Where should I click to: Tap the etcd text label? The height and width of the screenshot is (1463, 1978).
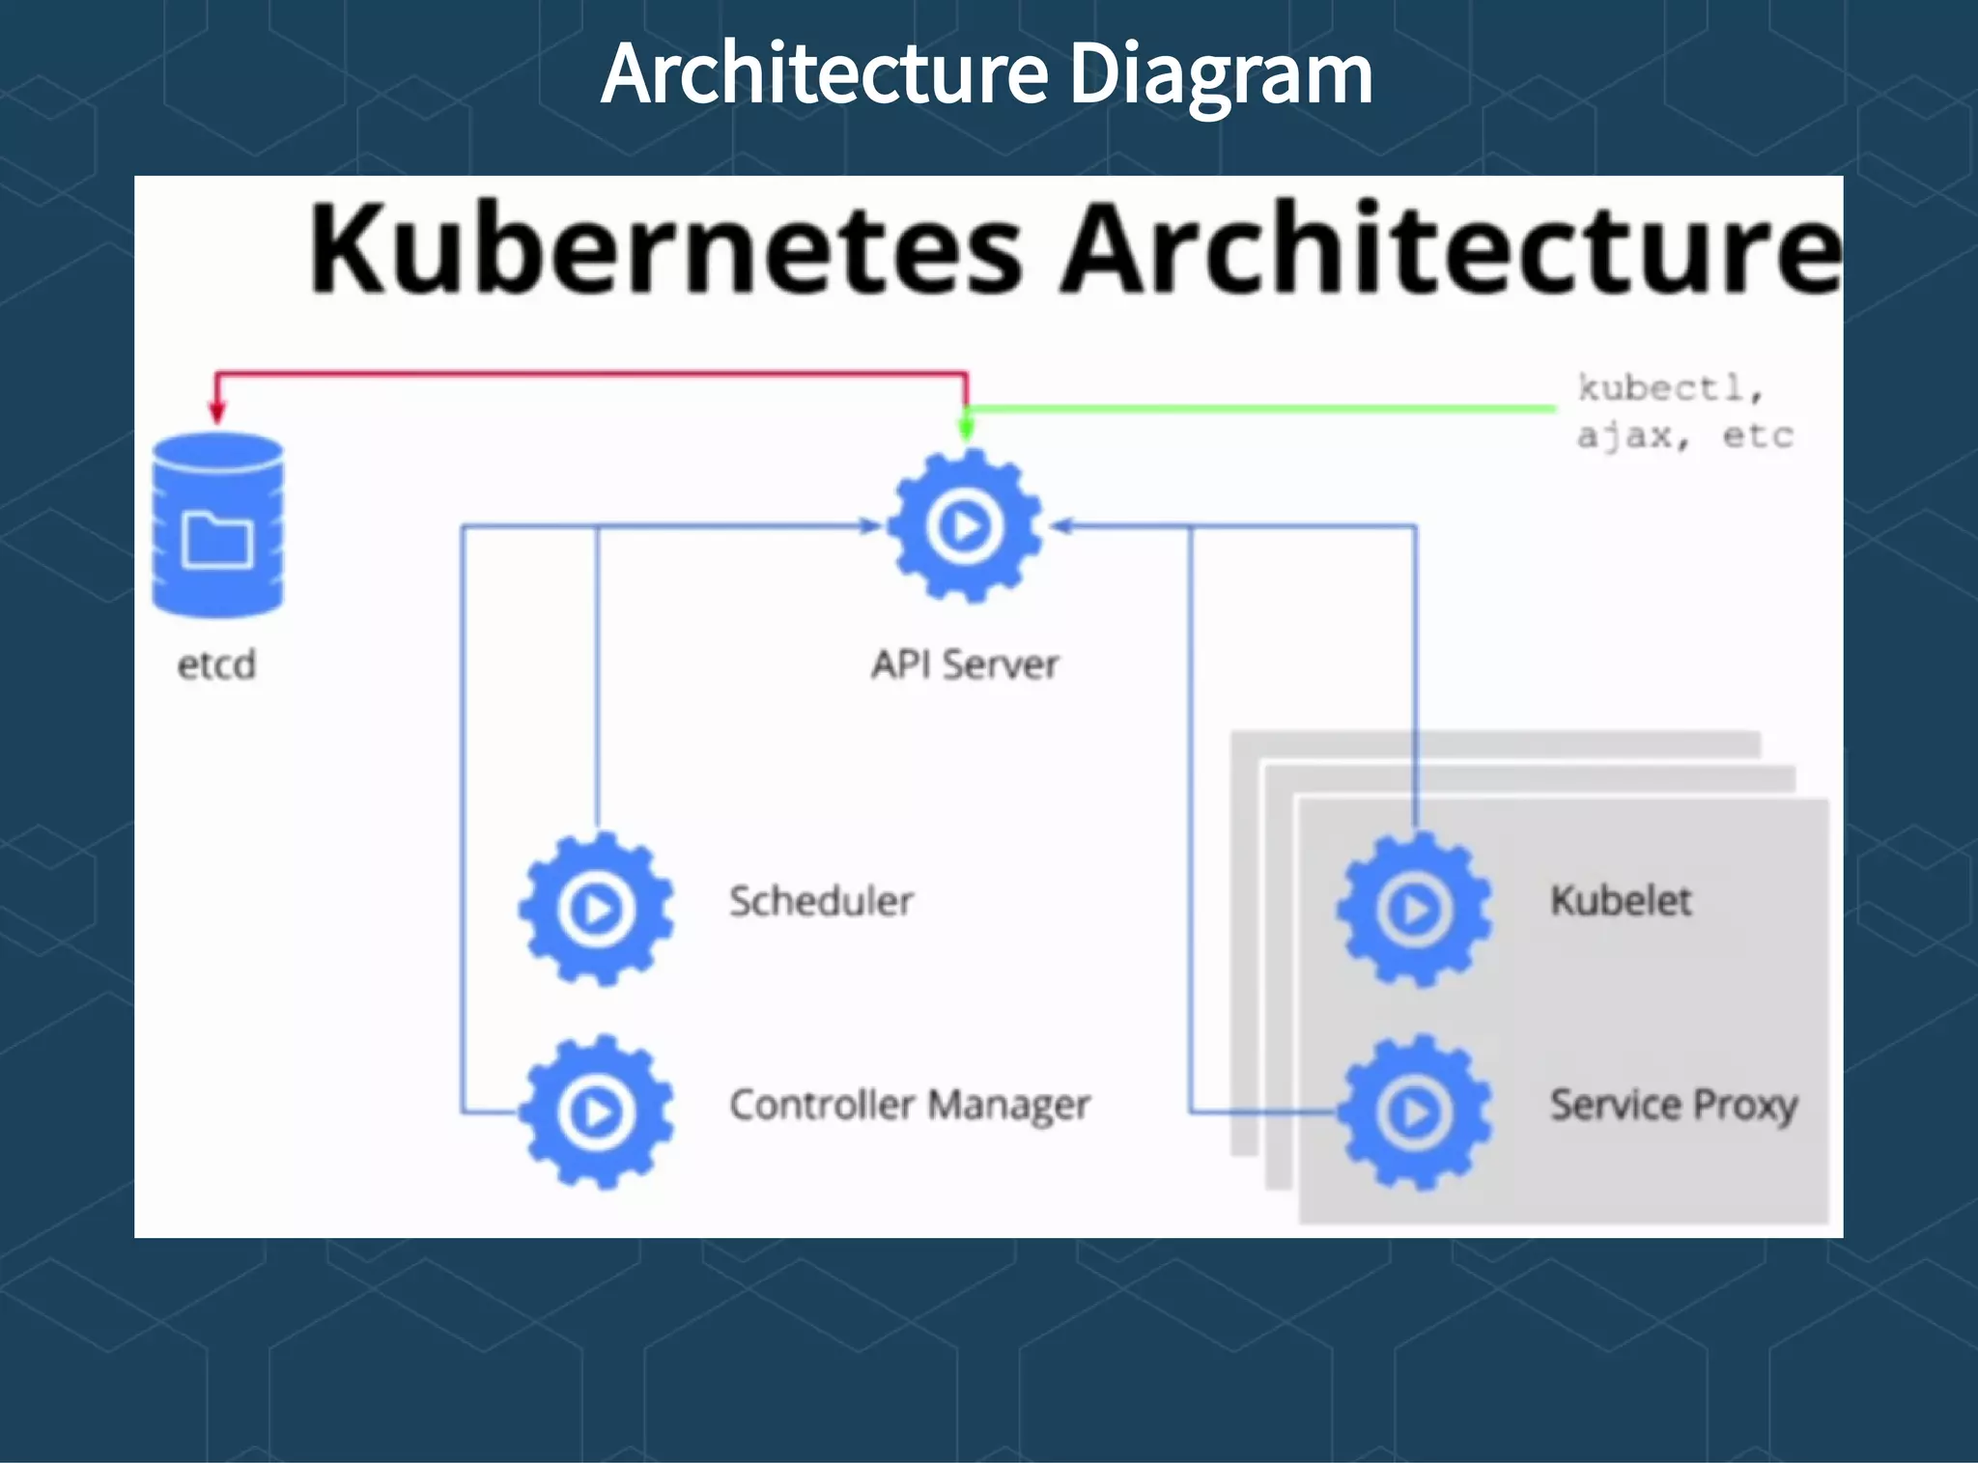tap(216, 665)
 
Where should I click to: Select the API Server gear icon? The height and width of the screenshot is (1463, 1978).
tap(965, 526)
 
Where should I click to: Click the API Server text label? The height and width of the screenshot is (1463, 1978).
tap(965, 664)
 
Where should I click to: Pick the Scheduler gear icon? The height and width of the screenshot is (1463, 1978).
tap(597, 909)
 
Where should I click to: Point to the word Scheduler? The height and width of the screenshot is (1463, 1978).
tap(821, 901)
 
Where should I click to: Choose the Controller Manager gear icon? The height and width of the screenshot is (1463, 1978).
tap(597, 1111)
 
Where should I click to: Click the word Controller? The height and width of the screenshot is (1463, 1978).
tap(822, 1105)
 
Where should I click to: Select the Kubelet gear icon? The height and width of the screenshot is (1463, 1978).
tap(1415, 909)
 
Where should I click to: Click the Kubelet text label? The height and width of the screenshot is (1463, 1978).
tap(1621, 901)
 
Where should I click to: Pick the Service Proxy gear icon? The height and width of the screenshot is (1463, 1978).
tap(1415, 1111)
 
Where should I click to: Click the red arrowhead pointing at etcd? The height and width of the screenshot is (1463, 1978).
tap(217, 411)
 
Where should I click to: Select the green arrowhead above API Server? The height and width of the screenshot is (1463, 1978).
tap(966, 428)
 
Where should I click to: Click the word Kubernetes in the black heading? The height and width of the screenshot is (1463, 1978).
tap(665, 248)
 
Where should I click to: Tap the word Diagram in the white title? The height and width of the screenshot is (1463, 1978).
tap(1221, 74)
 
